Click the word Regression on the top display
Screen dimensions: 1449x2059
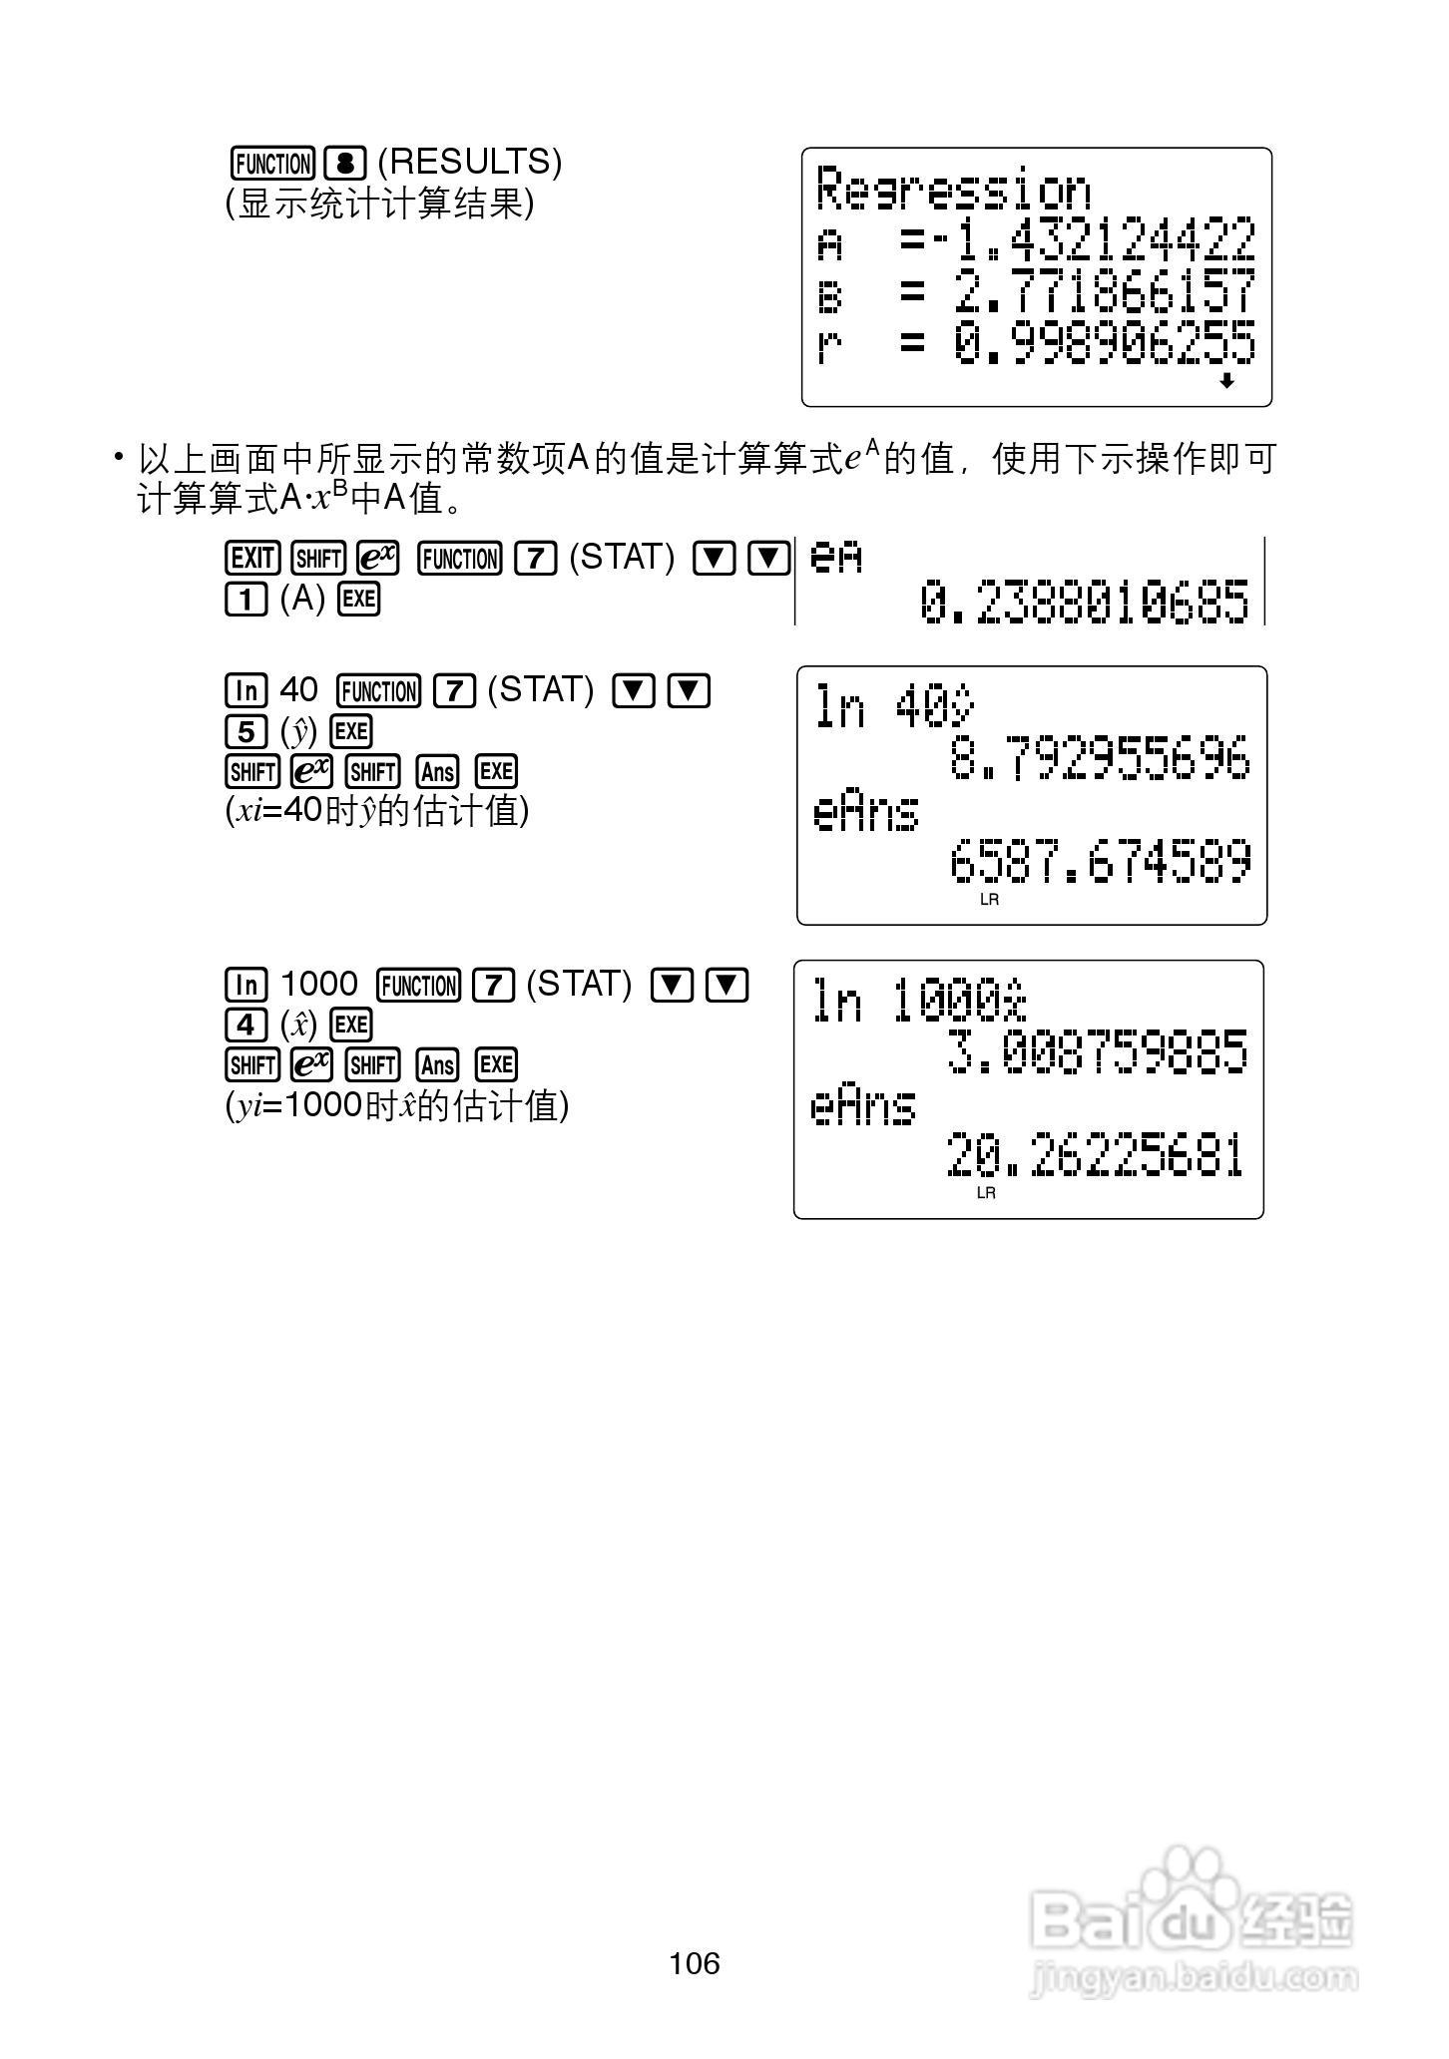pos(953,190)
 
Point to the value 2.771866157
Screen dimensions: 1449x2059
pos(1104,293)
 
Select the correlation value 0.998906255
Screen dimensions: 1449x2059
pos(1104,345)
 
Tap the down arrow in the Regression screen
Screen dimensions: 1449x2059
pos(1226,381)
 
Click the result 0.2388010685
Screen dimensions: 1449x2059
pos(1084,602)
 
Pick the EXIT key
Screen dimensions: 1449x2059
pos(251,559)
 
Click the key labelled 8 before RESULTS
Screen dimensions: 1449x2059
pos(345,163)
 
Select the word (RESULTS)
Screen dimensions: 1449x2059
pos(469,162)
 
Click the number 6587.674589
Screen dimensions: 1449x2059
pos(1100,862)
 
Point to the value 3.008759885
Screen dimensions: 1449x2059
pos(1097,1052)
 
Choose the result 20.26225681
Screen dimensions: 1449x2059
pos(1095,1155)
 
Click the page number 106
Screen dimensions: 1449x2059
pos(695,1963)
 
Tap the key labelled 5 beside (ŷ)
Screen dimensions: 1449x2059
pos(245,732)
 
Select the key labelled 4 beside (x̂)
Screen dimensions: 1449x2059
pos(245,1026)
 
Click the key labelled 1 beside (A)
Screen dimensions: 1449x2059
pos(245,600)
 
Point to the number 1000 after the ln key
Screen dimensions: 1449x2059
pos(318,985)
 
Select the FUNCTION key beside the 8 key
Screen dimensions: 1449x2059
pos(272,163)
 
